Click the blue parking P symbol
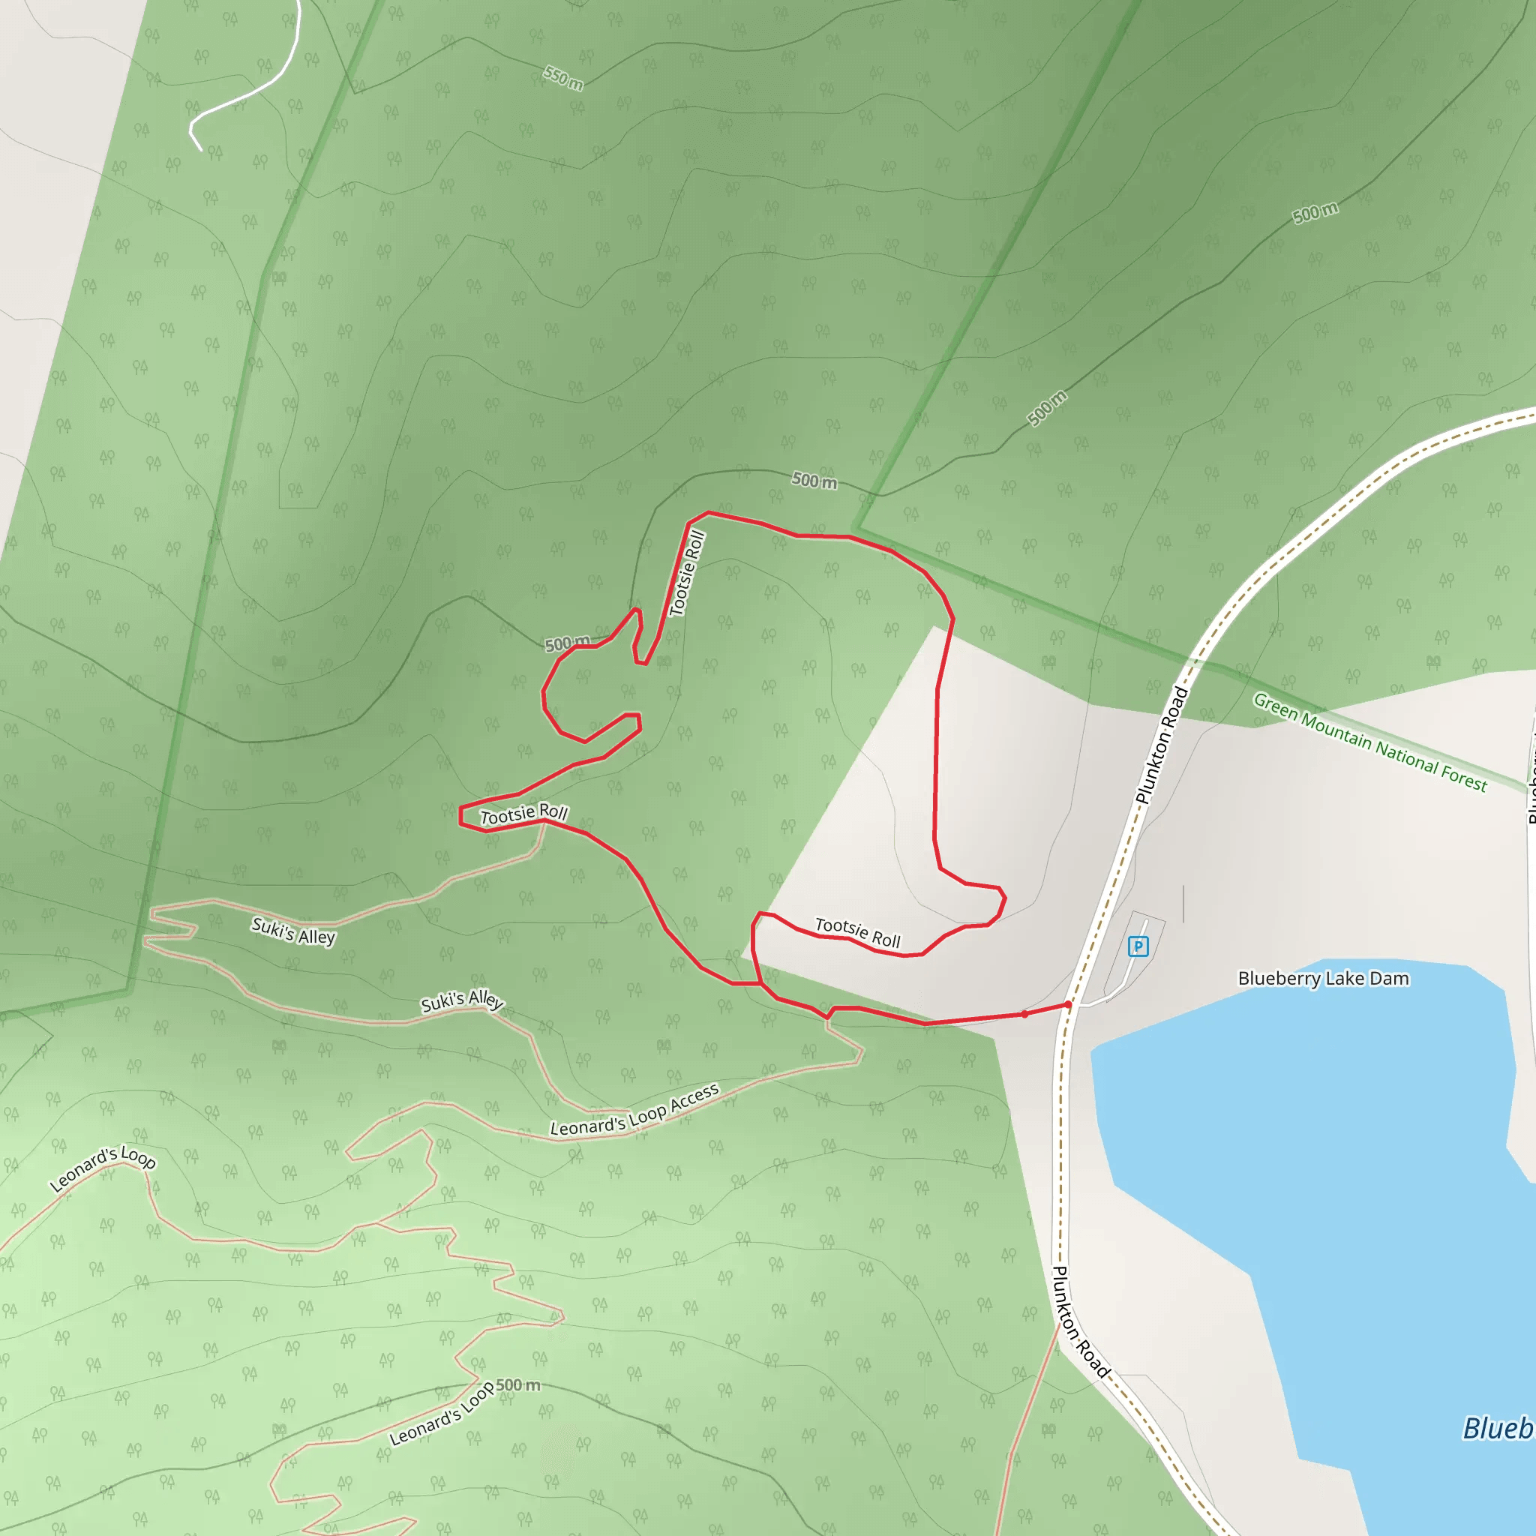pyautogui.click(x=1138, y=946)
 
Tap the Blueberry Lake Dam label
pyautogui.click(x=1323, y=979)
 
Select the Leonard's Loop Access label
pyautogui.click(x=634, y=1111)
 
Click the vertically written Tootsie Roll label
pyautogui.click(x=687, y=573)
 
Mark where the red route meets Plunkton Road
pyautogui.click(x=1068, y=1005)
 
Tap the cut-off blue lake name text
pyautogui.click(x=1498, y=1429)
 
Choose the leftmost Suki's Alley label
pyautogui.click(x=293, y=931)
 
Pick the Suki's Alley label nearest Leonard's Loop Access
pyautogui.click(x=462, y=1001)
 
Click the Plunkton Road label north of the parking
pyautogui.click(x=1162, y=745)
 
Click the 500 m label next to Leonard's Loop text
pyautogui.click(x=518, y=1386)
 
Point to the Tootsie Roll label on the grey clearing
pyautogui.click(x=858, y=933)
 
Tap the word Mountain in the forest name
pyautogui.click(x=1336, y=731)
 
